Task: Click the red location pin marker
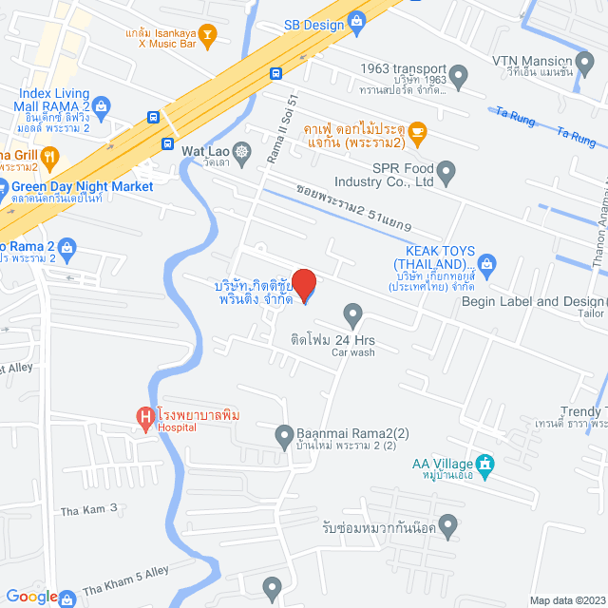[303, 285]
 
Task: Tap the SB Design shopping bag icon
[357, 19]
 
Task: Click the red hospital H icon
[144, 416]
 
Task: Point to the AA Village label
[443, 463]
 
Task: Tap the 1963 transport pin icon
[458, 74]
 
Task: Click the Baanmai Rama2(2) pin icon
[283, 436]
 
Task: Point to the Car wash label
[352, 352]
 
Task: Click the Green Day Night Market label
[77, 186]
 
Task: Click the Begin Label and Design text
[532, 302]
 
